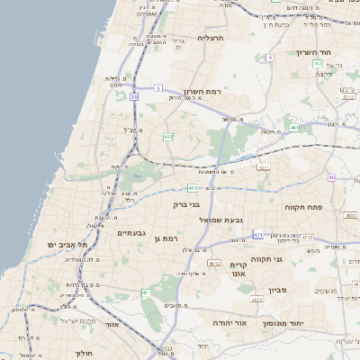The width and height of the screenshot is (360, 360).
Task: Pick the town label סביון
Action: (276, 291)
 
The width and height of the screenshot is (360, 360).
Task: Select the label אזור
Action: (113, 324)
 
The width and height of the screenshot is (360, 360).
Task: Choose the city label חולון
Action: (85, 353)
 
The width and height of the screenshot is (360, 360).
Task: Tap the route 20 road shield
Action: (134, 95)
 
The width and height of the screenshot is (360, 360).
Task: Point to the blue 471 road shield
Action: (258, 234)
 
